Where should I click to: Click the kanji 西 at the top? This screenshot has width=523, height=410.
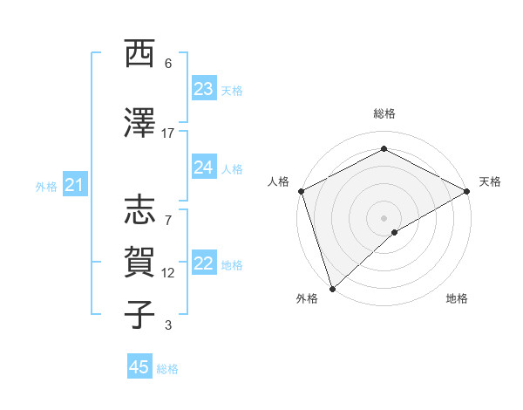coord(139,54)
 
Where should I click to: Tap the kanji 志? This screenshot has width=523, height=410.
coord(139,210)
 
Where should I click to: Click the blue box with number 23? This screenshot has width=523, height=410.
coord(203,89)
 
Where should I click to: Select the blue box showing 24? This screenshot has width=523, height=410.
coord(203,167)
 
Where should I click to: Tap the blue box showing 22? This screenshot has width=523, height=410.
coord(203,263)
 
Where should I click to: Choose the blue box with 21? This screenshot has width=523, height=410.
coord(74,185)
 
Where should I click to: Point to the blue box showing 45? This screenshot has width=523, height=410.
coord(139,367)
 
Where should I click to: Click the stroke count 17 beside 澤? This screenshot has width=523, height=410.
coord(168,133)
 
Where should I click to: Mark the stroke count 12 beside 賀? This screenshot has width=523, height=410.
coord(168,273)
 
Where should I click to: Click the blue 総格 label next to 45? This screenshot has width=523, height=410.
coord(167,369)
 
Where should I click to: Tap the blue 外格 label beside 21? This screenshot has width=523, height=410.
coord(46,186)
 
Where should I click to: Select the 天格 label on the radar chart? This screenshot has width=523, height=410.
coord(490,181)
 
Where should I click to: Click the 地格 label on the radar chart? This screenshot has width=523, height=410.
coord(457,298)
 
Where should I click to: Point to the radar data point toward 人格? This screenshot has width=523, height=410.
coord(300,191)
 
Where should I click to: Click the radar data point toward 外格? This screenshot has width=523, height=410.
coord(332,288)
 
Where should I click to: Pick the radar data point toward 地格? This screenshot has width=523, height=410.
coord(395,232)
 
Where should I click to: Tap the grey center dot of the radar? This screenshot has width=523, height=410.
coord(384,217)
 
